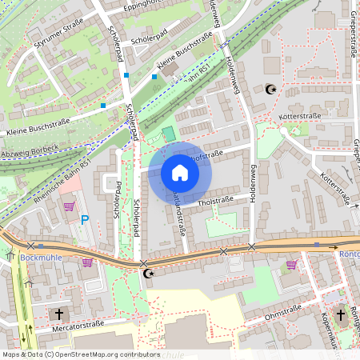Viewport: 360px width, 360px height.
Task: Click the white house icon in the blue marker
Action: (179, 173)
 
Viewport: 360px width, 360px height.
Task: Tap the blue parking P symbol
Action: (84, 218)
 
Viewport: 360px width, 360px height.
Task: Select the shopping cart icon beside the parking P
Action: (69, 206)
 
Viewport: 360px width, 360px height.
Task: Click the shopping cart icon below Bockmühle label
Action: (86, 262)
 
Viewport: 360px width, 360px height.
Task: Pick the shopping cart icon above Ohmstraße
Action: (291, 264)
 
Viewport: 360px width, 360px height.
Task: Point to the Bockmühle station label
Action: (39, 258)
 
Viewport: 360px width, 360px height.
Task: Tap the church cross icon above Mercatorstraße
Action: (58, 314)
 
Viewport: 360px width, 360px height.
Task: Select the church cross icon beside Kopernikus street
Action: (340, 314)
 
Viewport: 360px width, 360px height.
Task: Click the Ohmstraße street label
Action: (282, 317)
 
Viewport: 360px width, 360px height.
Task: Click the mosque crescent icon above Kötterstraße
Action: (269, 89)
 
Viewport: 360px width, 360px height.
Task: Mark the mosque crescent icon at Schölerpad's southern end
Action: (146, 274)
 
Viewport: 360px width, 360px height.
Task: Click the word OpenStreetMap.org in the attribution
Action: (99, 354)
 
